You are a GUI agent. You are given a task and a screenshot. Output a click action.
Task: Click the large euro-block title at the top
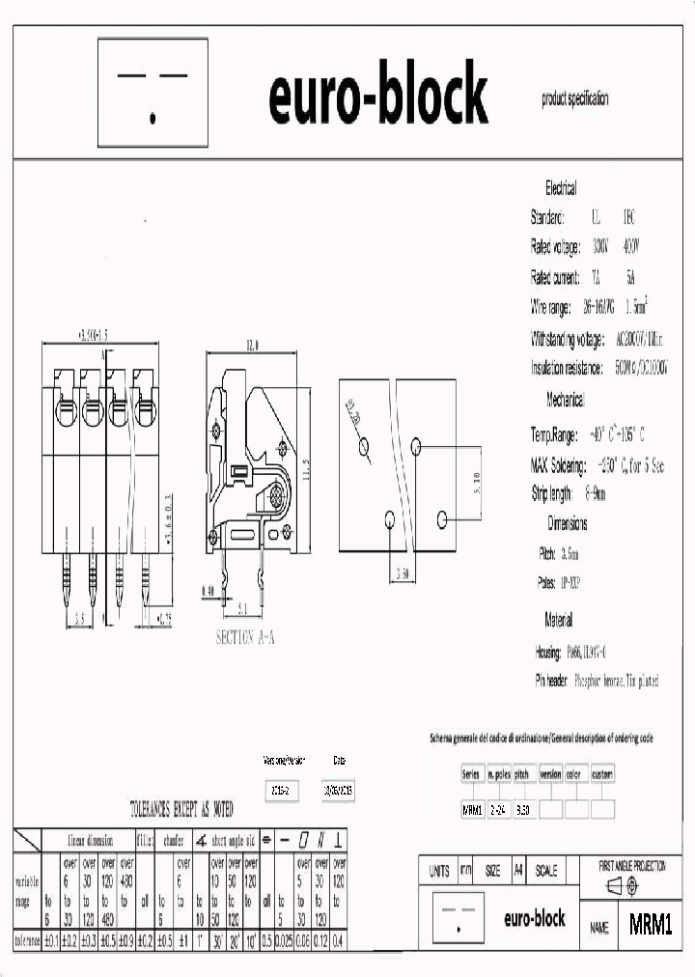(377, 97)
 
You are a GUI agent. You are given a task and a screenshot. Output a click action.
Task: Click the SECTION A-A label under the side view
(245, 638)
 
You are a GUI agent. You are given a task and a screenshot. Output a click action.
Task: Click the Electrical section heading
(561, 188)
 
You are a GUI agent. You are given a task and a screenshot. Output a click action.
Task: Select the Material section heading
(559, 620)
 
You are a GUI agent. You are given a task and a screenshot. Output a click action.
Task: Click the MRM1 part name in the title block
(650, 926)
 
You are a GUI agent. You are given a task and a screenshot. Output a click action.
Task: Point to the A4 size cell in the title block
(517, 871)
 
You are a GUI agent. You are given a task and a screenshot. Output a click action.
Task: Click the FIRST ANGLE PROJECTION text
(631, 867)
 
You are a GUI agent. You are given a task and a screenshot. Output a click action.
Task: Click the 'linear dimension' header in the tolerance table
(90, 840)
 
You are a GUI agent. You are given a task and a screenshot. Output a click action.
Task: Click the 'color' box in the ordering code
(575, 774)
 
